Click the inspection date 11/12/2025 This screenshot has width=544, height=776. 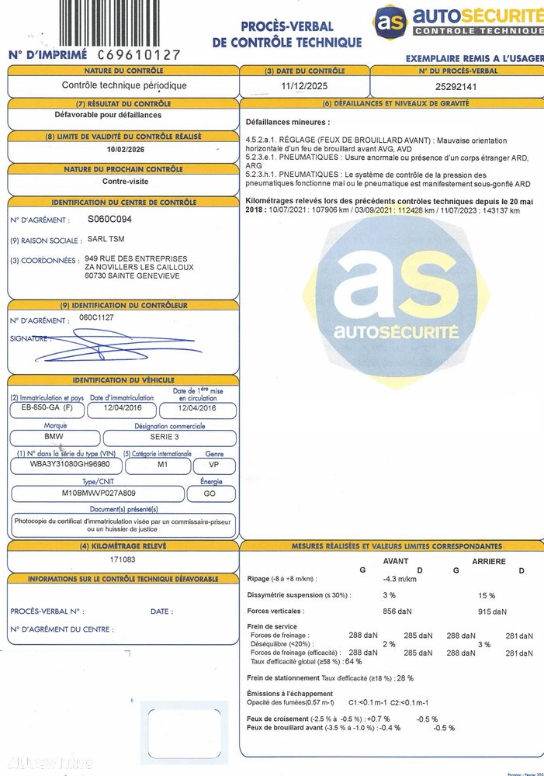click(x=305, y=86)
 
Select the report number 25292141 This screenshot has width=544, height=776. click(x=456, y=87)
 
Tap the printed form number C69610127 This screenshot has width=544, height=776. click(x=139, y=55)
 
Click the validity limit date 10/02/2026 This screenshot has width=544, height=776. click(x=125, y=150)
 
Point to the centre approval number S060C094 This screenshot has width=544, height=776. click(x=109, y=220)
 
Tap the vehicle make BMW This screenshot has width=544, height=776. click(x=54, y=438)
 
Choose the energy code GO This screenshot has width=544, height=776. click(x=209, y=493)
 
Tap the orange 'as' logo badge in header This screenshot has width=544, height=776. click(x=390, y=23)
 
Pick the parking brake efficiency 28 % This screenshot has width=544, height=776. click(x=405, y=677)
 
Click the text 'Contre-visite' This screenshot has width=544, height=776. click(x=125, y=182)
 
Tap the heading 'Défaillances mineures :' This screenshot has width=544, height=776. click(x=287, y=122)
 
